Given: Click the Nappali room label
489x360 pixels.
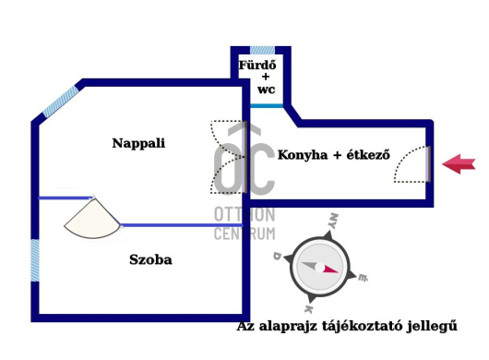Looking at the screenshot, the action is click(138, 143).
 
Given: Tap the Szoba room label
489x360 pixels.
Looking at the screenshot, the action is click(150, 259).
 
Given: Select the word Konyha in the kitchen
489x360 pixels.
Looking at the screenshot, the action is click(304, 155).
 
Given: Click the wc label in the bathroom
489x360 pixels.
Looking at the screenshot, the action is click(266, 90).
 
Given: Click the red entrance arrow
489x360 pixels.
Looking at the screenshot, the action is click(459, 164).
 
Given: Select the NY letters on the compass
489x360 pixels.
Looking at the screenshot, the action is click(333, 222).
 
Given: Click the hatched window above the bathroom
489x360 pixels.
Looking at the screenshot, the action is click(263, 49).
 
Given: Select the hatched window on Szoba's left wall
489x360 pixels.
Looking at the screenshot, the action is click(35, 260).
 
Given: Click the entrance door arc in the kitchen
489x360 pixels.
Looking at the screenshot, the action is click(411, 167).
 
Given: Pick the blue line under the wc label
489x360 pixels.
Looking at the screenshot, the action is click(267, 106).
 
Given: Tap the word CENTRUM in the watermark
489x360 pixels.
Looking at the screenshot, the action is click(244, 234).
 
